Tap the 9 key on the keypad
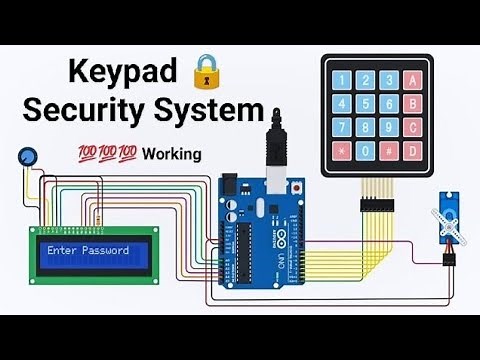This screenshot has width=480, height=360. click(x=389, y=127)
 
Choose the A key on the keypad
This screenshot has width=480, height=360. click(x=413, y=78)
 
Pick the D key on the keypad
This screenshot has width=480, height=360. click(x=413, y=152)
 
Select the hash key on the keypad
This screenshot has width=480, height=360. click(x=389, y=152)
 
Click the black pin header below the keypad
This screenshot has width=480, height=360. click(x=377, y=202)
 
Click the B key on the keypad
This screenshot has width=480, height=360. click(x=413, y=102)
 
